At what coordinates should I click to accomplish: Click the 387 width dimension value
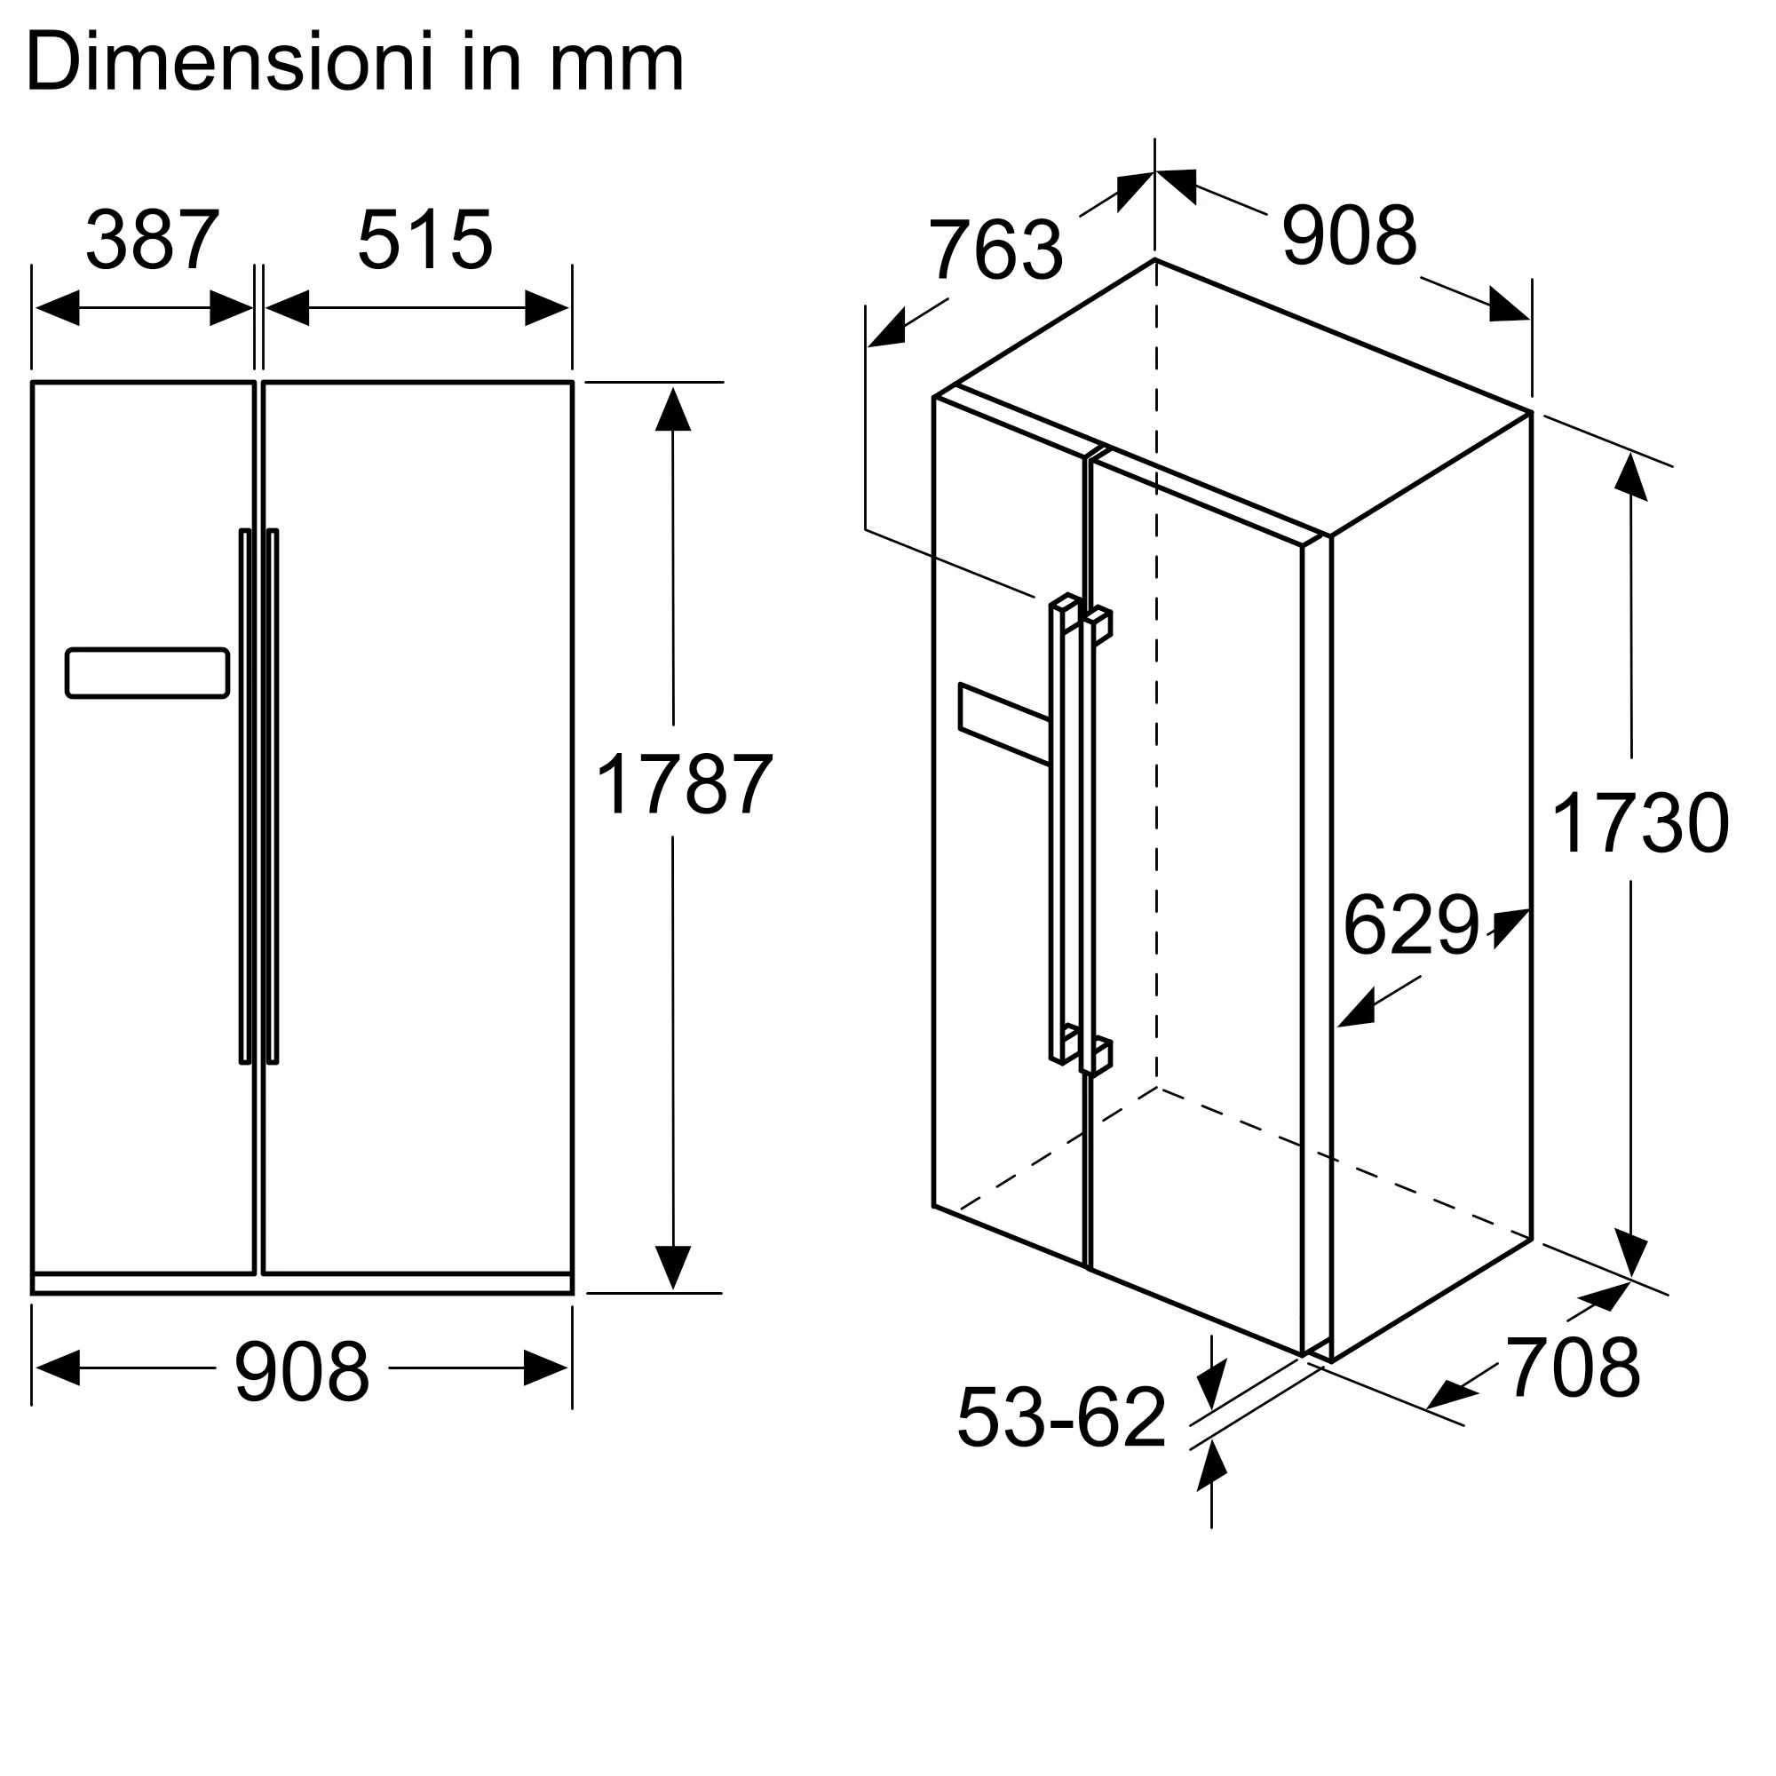click(x=153, y=240)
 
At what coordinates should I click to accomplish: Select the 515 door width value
click(x=424, y=240)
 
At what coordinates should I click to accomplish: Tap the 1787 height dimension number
click(x=684, y=783)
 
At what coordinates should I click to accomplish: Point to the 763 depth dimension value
click(x=995, y=250)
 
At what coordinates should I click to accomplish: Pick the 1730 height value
click(x=1640, y=823)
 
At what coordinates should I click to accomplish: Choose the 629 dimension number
click(x=1411, y=924)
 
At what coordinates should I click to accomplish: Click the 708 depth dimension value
click(x=1573, y=1368)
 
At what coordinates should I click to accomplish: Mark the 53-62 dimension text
click(x=1062, y=1416)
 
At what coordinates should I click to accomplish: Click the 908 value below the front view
click(x=302, y=1373)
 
